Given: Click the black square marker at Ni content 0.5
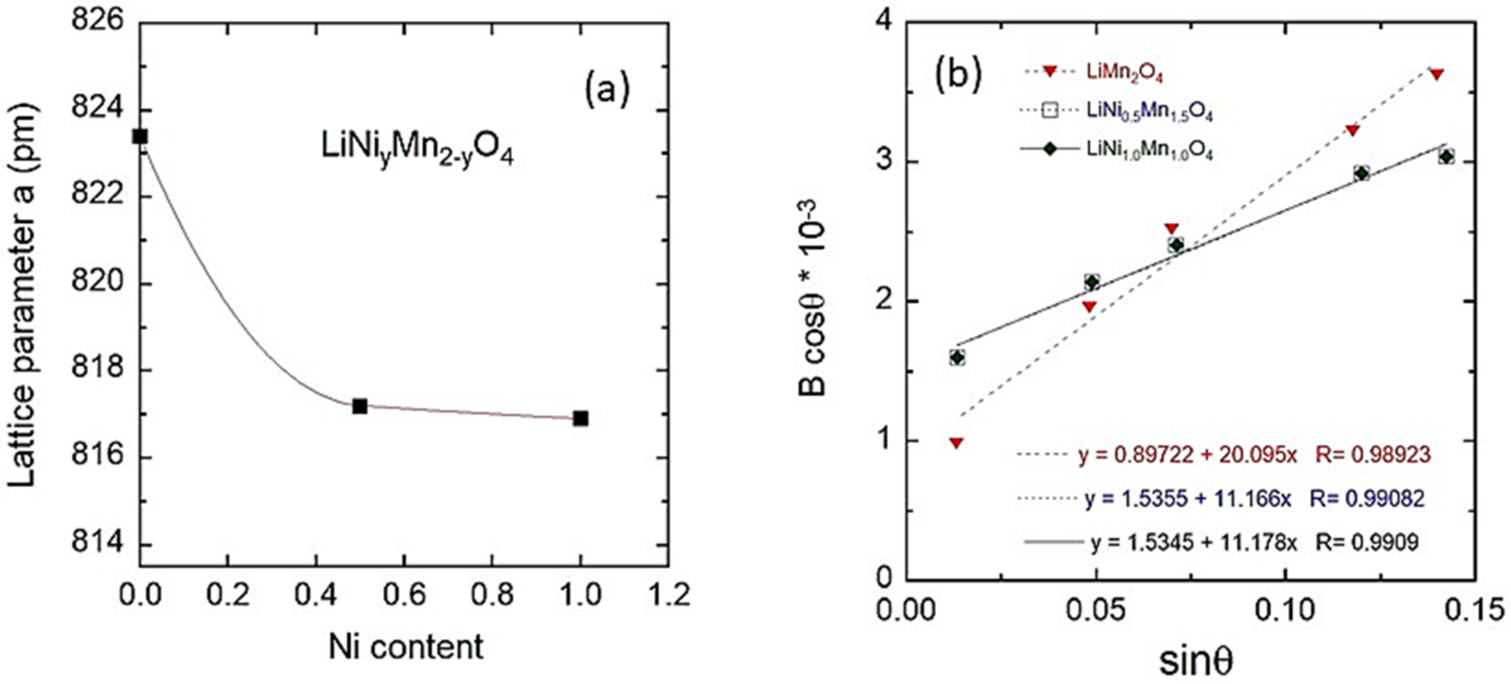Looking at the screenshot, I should point(359,406).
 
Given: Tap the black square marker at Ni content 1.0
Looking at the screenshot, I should point(580,418).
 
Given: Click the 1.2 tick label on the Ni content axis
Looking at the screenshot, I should point(669,595).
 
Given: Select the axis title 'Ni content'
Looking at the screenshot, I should point(406,648).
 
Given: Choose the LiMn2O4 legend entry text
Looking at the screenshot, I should point(1124,73).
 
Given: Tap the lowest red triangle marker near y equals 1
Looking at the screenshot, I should point(957,443).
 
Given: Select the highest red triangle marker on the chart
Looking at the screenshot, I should point(1436,74).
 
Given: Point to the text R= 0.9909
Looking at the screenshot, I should point(1367,542).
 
